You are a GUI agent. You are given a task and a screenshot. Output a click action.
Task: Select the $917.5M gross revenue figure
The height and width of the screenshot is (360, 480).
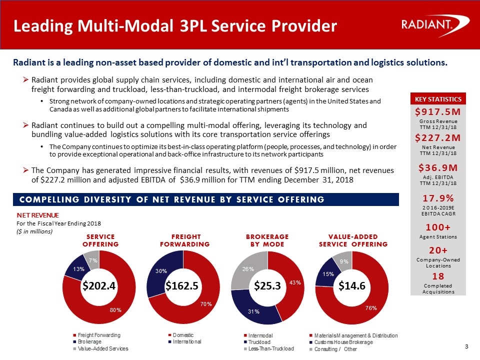click(437, 110)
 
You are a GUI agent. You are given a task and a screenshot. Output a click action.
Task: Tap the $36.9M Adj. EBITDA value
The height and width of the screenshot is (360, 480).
click(437, 166)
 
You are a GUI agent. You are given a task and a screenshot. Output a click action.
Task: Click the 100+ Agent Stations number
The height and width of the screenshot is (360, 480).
click(437, 227)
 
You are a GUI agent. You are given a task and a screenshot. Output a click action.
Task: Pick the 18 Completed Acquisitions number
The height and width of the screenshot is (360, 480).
click(437, 276)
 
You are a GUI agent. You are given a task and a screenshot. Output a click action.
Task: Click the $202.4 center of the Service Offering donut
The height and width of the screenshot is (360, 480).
click(99, 286)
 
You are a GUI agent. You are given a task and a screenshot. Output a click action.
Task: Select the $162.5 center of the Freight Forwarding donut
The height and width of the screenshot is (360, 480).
click(183, 286)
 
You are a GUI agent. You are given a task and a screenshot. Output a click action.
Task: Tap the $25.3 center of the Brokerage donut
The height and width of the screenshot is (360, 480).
click(267, 286)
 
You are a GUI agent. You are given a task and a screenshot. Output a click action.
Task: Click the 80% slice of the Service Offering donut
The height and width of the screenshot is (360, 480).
click(115, 310)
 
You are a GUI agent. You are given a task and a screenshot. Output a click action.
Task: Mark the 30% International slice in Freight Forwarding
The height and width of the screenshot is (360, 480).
click(158, 271)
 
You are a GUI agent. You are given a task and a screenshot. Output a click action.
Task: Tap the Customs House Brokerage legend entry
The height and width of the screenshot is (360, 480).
click(343, 341)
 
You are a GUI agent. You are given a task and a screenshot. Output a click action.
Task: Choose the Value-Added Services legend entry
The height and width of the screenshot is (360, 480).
click(102, 348)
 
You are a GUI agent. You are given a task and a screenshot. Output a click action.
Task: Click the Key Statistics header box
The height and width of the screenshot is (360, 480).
click(437, 98)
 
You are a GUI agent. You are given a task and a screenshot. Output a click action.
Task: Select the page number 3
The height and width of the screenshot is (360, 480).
click(466, 347)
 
